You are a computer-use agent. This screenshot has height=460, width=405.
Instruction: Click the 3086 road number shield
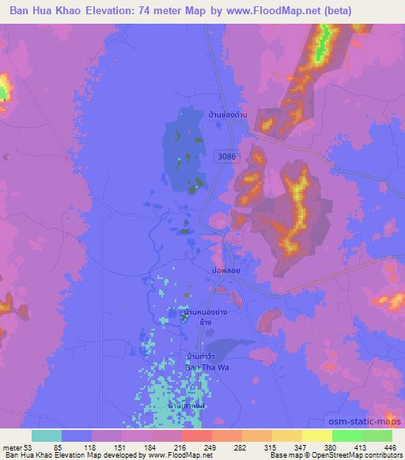pyautogui.click(x=226, y=157)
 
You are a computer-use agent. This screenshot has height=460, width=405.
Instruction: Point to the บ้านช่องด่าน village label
pyautogui.click(x=227, y=116)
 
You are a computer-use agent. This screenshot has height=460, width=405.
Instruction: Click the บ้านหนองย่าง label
pyautogui.click(x=206, y=313)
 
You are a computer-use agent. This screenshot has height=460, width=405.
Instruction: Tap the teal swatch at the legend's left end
pyautogui.click(x=46, y=435)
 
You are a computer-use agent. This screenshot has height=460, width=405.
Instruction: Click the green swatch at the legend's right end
pyautogui.click(x=377, y=435)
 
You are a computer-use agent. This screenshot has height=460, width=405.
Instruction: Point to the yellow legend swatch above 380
pyautogui.click(x=316, y=435)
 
